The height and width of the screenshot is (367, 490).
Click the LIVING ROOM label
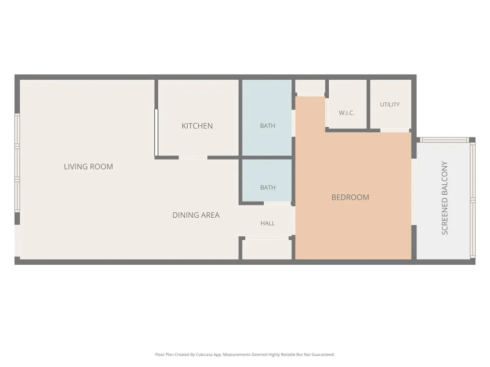(x=88, y=167)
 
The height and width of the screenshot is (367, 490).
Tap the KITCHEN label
(x=197, y=126)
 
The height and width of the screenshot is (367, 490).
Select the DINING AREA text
(x=196, y=215)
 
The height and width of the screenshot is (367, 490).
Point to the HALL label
(x=268, y=223)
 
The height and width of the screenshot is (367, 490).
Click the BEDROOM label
(x=350, y=197)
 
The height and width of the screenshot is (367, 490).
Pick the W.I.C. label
(x=346, y=113)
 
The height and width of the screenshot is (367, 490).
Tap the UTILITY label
(x=390, y=105)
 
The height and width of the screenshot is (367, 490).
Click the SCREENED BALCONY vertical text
(x=445, y=198)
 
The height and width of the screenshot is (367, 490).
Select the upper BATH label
(x=268, y=126)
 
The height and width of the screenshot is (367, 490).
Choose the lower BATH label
(x=268, y=187)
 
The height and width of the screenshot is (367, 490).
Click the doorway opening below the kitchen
(x=193, y=158)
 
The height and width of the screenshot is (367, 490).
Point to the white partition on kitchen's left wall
(x=156, y=132)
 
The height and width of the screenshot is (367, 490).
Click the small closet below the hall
(x=267, y=249)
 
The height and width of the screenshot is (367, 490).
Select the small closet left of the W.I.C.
(x=310, y=86)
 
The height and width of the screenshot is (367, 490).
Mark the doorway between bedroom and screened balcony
(x=414, y=192)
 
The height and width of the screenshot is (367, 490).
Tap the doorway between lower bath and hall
(x=277, y=204)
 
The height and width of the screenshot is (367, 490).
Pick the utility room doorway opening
(x=394, y=131)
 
